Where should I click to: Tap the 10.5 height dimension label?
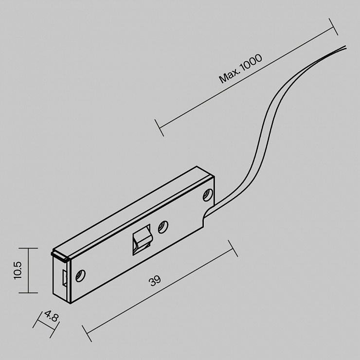tap(18, 270)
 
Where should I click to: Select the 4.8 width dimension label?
tap(51, 316)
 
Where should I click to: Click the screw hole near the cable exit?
tap(208, 195)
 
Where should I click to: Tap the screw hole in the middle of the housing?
tap(163, 227)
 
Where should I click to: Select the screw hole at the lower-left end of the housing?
tap(80, 275)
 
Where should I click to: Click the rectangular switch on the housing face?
tap(142, 240)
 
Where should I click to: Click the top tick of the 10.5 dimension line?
tap(28, 248)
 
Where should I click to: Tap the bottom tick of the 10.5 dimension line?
tap(28, 293)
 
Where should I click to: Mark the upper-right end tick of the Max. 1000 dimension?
tap(333, 27)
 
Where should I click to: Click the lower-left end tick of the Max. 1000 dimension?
tap(160, 127)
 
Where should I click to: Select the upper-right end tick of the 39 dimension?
tap(233, 249)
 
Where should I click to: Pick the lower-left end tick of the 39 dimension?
tap(87, 333)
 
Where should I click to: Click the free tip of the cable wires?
tap(345, 47)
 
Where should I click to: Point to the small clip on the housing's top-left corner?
tap(60, 257)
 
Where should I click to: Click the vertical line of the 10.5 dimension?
tap(28, 270)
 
